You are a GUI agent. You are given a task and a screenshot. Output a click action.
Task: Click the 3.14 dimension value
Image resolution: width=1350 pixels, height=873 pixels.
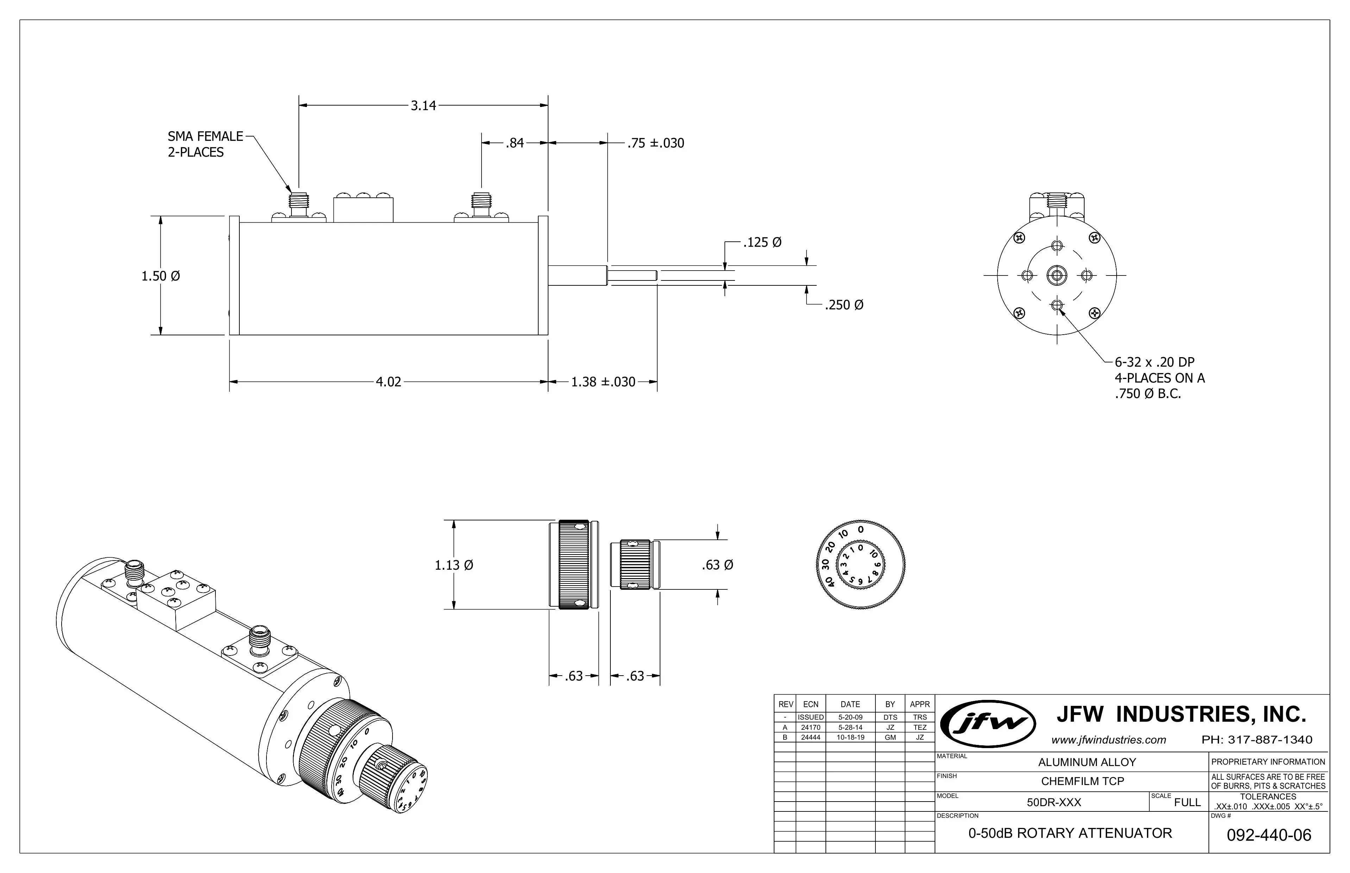[x=423, y=106]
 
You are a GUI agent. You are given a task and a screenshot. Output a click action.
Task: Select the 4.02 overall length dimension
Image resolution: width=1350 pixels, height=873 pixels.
[x=388, y=382]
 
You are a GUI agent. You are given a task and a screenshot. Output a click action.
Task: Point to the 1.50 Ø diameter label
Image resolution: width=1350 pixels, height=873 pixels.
[x=161, y=276]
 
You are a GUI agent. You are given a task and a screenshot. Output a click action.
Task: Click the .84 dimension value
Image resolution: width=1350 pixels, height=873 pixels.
[x=514, y=143]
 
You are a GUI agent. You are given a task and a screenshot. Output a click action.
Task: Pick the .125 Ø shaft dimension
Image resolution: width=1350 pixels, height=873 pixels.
[x=762, y=243]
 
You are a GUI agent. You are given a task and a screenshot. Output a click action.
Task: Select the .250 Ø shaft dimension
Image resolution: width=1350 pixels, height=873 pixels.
[x=844, y=305]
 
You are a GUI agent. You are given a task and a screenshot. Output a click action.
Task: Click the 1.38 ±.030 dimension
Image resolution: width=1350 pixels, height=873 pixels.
[x=603, y=382]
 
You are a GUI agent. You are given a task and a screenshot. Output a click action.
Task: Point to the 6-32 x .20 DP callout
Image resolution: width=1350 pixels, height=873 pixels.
[x=1154, y=362]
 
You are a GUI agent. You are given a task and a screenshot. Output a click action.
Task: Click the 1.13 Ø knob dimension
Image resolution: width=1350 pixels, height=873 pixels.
[x=454, y=565]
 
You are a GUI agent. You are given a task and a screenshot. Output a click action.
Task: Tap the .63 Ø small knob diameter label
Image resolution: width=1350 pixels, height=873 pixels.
[x=717, y=565]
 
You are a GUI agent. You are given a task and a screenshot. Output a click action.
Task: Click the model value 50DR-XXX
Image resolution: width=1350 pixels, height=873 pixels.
[x=1054, y=802]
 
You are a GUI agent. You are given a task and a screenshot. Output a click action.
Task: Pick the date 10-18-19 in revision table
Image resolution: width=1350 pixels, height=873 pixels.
[x=850, y=738]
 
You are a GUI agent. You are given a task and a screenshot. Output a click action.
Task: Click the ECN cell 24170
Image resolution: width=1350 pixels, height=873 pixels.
[x=810, y=727]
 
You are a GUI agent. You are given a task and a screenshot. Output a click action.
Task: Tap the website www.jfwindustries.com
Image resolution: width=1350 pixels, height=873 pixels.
[x=1109, y=740]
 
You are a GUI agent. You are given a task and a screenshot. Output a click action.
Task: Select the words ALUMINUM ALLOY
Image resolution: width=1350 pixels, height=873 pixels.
[x=1087, y=763]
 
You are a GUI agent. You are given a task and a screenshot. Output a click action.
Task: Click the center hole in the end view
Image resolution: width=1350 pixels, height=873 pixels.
[x=1056, y=276]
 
